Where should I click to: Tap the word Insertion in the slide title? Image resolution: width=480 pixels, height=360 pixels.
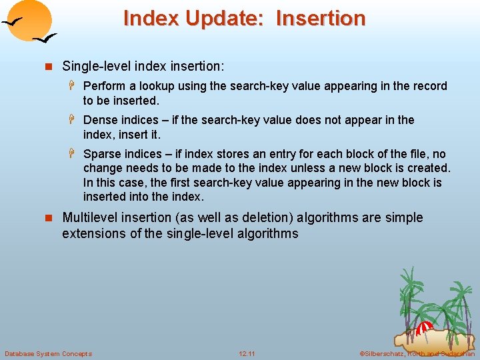[320, 18]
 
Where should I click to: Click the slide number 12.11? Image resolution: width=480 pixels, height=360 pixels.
[247, 353]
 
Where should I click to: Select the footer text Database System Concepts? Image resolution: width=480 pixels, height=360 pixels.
[48, 353]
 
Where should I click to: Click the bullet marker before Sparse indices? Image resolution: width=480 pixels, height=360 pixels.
[75, 154]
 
